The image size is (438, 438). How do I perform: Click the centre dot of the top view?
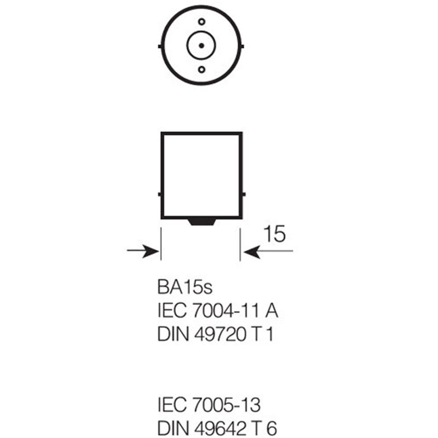[x=201, y=45]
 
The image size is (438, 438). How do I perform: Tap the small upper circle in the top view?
[x=201, y=21]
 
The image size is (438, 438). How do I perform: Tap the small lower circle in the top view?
[x=201, y=70]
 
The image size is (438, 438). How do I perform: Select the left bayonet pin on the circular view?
[x=160, y=46]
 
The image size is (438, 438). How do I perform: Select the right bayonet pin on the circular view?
[x=242, y=46]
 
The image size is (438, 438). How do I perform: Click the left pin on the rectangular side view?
[x=159, y=194]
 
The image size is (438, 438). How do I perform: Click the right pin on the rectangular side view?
[x=244, y=194]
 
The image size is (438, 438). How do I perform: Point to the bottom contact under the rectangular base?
[x=201, y=222]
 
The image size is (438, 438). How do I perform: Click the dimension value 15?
[x=275, y=234]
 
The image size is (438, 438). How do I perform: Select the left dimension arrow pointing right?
[x=143, y=251]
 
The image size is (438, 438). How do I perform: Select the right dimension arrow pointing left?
[x=268, y=251]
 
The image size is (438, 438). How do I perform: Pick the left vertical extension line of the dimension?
[x=161, y=244]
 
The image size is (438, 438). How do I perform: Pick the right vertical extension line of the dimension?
[x=240, y=244]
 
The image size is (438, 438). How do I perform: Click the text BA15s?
[x=185, y=287]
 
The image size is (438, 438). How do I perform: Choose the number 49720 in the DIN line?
[x=220, y=334]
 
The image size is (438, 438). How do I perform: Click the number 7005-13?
[x=227, y=405]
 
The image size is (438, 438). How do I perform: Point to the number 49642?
[x=221, y=428]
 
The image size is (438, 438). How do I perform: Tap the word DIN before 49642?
[x=173, y=428]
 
